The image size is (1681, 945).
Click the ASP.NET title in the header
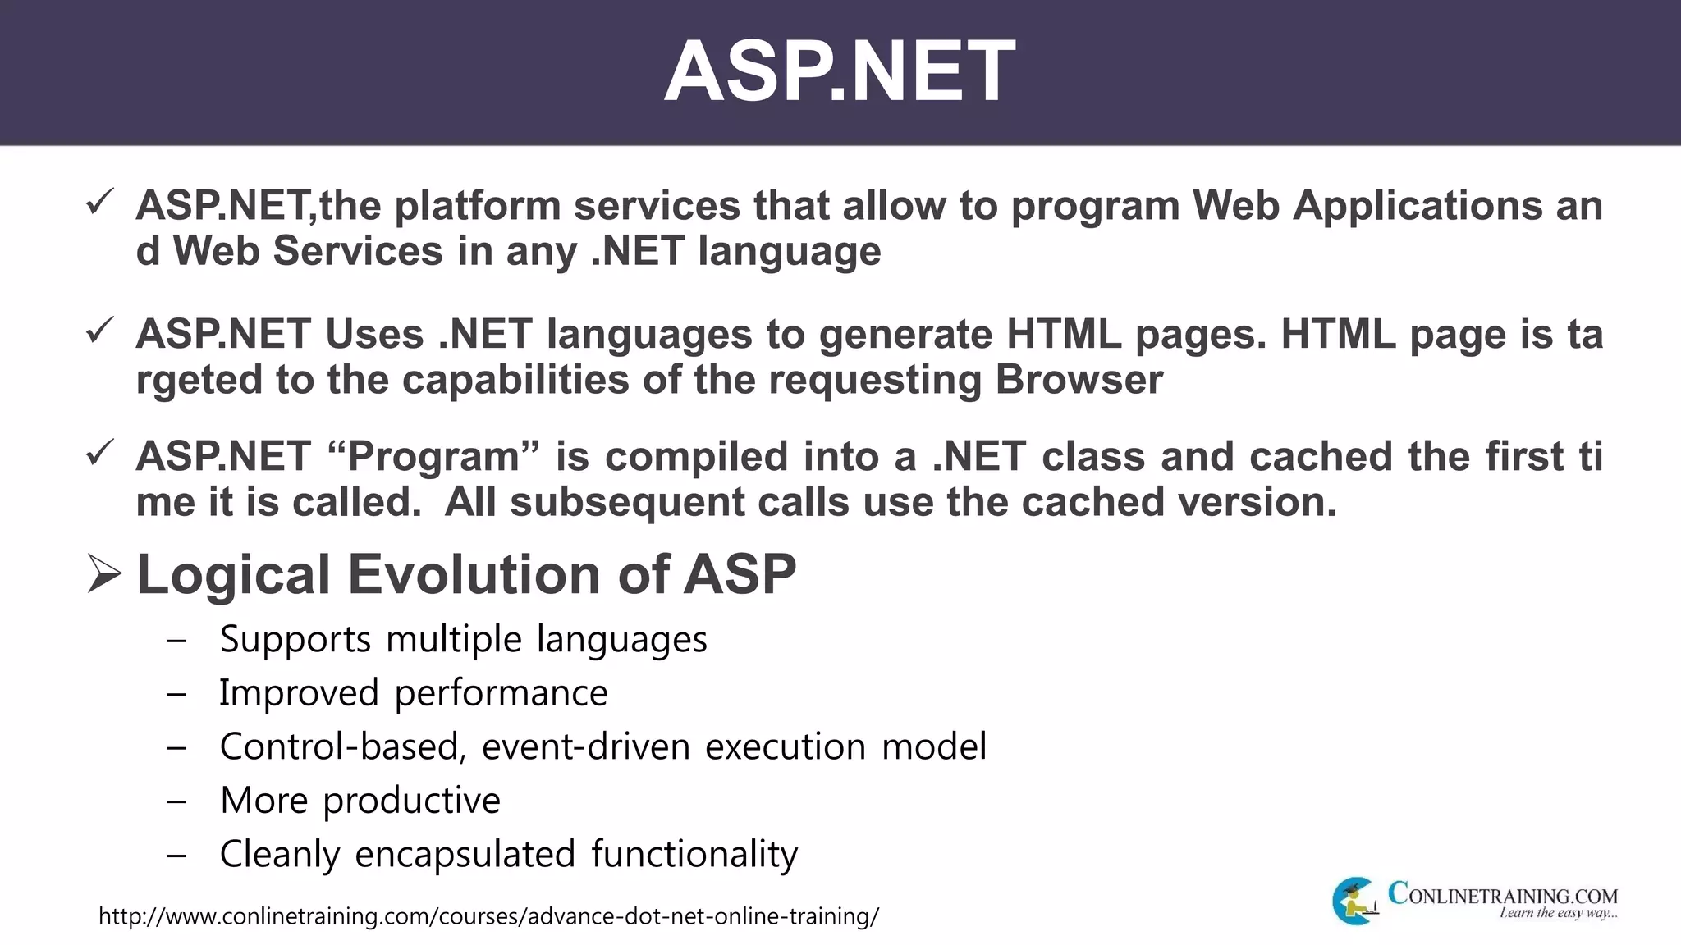point(839,72)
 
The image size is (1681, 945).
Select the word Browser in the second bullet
point(1079,380)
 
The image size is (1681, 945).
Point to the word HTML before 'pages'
point(1064,335)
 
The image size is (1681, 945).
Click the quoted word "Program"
point(433,457)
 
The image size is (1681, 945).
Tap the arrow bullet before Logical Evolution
point(104,573)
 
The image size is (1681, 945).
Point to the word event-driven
point(586,746)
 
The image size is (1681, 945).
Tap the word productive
point(411,801)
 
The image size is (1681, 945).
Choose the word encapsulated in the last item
point(465,854)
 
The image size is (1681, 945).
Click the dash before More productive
point(176,801)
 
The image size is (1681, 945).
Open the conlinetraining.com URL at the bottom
point(488,916)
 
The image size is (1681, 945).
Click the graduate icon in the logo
point(1355,902)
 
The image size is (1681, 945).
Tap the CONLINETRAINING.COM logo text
point(1502,894)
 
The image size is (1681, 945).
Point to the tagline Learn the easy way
point(1558,914)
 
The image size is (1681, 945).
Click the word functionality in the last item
point(694,854)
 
